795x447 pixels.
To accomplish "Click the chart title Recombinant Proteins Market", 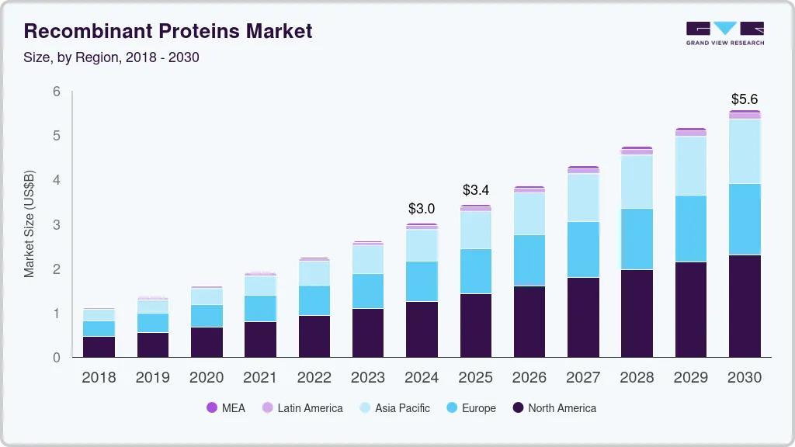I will pos(168,31).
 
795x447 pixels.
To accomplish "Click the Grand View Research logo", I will pos(724,33).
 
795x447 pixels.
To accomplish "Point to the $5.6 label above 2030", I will pos(744,99).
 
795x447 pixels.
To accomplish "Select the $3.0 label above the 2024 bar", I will pos(422,209).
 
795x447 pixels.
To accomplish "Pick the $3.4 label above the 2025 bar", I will pos(475,190).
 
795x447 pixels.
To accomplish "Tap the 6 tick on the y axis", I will pos(57,92).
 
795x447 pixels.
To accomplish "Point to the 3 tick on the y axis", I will pos(57,225).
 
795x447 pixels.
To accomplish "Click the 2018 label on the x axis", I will pos(99,378).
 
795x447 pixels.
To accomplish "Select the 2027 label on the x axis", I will pos(583,378).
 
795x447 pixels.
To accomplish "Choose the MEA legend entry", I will pos(226,407).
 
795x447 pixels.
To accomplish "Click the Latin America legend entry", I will pos(302,407).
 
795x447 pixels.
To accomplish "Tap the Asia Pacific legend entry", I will pos(394,407).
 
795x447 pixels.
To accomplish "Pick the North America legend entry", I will pos(554,407).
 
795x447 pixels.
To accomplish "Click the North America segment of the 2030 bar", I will pos(744,306).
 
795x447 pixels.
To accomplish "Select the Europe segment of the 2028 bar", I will pos(637,239).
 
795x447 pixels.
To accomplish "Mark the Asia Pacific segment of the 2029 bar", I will pos(690,166).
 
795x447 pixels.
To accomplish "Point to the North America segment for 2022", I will pos(314,336).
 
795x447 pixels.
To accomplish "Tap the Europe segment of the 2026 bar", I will pos(529,260).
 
